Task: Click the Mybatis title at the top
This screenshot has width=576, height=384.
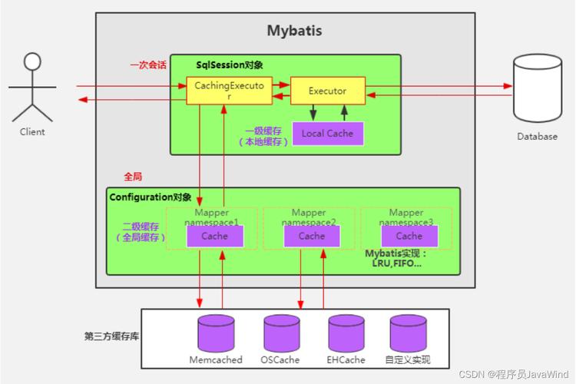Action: pyautogui.click(x=294, y=31)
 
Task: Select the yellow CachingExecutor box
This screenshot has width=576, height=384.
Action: pyautogui.click(x=229, y=91)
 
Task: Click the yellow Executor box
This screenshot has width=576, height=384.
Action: pyautogui.click(x=327, y=91)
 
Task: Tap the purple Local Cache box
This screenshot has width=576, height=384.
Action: pyautogui.click(x=327, y=133)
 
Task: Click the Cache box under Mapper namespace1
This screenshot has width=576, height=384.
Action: pyautogui.click(x=214, y=236)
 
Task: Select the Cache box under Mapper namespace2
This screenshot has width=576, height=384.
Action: pyautogui.click(x=311, y=236)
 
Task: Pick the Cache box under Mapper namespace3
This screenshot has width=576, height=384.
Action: pyautogui.click(x=409, y=236)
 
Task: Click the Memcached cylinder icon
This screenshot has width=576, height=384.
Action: pyautogui.click(x=216, y=333)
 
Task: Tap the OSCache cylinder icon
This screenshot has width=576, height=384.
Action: pyautogui.click(x=281, y=333)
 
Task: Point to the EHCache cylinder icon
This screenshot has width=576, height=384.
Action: pyautogui.click(x=346, y=333)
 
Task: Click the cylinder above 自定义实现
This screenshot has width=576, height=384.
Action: pyautogui.click(x=407, y=333)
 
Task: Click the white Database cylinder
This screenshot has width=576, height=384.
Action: pyautogui.click(x=537, y=89)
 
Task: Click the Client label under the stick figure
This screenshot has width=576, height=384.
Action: pyautogui.click(x=32, y=131)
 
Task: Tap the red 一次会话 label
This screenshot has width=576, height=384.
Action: pyautogui.click(x=147, y=65)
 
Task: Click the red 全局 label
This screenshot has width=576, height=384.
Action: pyautogui.click(x=133, y=176)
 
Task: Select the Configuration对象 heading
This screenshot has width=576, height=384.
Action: pyautogui.click(x=151, y=197)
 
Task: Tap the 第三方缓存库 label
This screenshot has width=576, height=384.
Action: pyautogui.click(x=111, y=336)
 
